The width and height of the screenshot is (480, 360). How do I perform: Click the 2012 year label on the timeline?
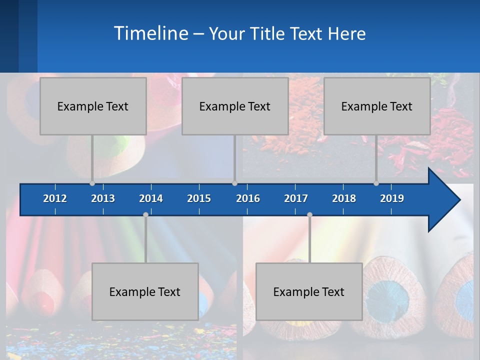click(55, 198)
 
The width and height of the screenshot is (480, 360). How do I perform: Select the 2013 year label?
click(103, 198)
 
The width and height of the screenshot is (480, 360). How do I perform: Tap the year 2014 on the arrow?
click(151, 198)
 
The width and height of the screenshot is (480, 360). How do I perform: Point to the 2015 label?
click(199, 198)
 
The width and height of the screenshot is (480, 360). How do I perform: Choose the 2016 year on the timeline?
click(248, 198)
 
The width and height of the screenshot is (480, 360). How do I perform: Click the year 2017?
click(296, 198)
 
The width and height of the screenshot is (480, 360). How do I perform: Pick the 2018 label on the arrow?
click(344, 198)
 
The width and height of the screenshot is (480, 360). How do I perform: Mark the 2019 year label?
click(392, 198)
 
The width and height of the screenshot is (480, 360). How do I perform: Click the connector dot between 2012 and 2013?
click(92, 183)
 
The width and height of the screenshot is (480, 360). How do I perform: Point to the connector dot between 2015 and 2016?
click(234, 183)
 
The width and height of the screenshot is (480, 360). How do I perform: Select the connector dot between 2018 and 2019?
click(376, 183)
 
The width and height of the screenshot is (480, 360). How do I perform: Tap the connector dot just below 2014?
click(145, 215)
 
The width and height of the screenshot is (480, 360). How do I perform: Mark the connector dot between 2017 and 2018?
click(309, 215)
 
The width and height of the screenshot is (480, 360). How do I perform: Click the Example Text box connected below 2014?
click(145, 291)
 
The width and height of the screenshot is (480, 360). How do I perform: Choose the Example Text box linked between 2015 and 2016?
click(235, 106)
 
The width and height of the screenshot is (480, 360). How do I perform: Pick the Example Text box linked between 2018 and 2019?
click(377, 106)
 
